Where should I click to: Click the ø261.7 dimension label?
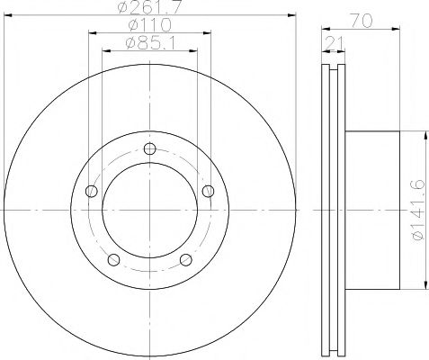[149, 6]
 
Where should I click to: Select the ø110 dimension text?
[149, 24]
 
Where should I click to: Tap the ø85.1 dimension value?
[150, 43]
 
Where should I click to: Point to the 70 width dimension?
[362, 22]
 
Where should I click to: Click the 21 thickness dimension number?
[335, 42]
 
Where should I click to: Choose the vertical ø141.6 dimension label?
[418, 210]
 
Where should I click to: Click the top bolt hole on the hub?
[149, 148]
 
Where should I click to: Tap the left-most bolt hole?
[92, 191]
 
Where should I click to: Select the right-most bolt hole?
[208, 191]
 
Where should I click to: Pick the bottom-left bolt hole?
[113, 259]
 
